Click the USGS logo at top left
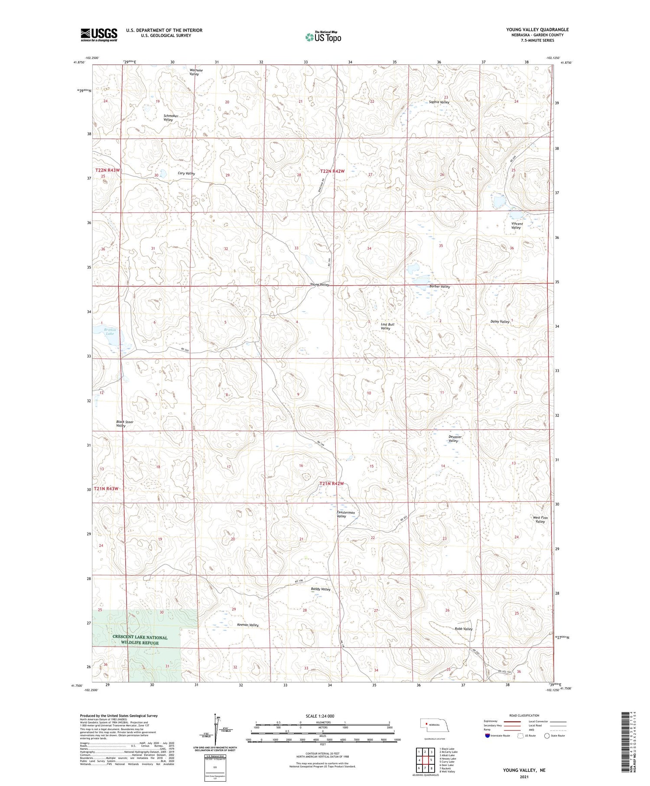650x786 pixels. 99,35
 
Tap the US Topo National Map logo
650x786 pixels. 323,37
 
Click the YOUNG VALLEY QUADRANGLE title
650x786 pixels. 537,29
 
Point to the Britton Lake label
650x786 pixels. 110,331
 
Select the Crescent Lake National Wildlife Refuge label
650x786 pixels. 140,640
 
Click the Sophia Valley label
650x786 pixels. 439,102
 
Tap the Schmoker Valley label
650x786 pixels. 171,118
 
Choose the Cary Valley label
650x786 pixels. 186,173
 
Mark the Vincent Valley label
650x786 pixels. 516,226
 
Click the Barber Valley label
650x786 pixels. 439,287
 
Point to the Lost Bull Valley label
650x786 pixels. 387,326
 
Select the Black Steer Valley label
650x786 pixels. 124,424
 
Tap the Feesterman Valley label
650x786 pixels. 345,514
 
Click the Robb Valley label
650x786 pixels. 463,629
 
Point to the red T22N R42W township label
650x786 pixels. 332,171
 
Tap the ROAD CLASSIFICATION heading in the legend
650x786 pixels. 524,715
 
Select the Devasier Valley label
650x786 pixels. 455,439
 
